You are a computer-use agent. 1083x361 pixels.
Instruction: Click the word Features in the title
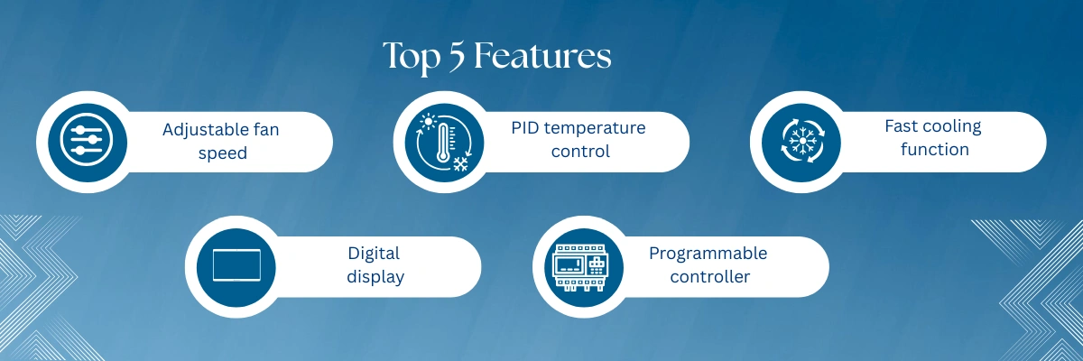point(542,56)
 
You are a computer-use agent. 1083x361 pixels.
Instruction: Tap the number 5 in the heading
point(457,57)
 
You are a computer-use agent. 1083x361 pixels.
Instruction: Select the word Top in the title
point(412,58)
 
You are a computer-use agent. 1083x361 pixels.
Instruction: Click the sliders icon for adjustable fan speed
point(87,140)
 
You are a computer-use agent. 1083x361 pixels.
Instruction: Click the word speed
point(223,153)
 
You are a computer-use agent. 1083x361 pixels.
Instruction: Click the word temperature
point(595,128)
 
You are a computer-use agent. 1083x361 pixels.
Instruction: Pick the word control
point(580,152)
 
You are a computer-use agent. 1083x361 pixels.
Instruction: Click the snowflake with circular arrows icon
point(802,141)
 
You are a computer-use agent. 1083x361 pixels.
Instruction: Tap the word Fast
point(902,126)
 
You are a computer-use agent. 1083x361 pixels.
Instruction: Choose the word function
point(935,149)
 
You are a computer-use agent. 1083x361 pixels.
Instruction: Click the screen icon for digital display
point(236,265)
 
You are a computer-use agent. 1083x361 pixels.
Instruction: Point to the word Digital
point(374,255)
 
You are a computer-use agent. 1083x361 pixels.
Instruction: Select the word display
point(375,277)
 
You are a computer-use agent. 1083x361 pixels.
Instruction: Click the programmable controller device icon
point(580,267)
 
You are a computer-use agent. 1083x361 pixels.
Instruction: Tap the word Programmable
point(708,254)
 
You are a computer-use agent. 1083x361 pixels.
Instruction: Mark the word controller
point(709,277)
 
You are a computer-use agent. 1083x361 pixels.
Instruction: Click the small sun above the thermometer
point(429,121)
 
